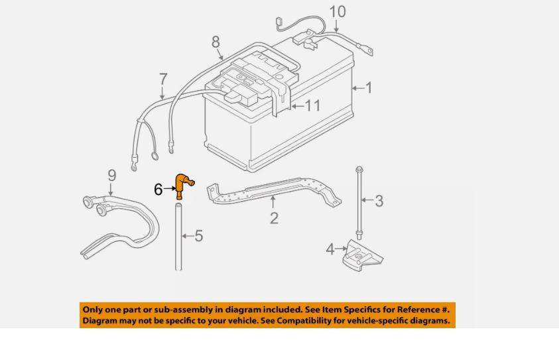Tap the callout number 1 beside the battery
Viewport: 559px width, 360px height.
pyautogui.click(x=369, y=88)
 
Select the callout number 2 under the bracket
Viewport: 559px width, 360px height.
pyautogui.click(x=274, y=218)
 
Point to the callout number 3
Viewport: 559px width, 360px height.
pyautogui.click(x=379, y=200)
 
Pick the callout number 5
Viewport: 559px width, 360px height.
pyautogui.click(x=198, y=235)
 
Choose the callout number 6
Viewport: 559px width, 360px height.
pyautogui.click(x=158, y=190)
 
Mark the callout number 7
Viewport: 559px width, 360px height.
pyautogui.click(x=163, y=80)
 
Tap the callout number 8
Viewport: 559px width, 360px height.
pyautogui.click(x=216, y=42)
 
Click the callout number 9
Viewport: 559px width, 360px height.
pyautogui.click(x=112, y=175)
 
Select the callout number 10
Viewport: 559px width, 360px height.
pyautogui.click(x=338, y=12)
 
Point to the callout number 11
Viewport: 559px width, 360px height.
pyautogui.click(x=312, y=105)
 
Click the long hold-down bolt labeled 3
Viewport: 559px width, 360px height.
pyautogui.click(x=359, y=199)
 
